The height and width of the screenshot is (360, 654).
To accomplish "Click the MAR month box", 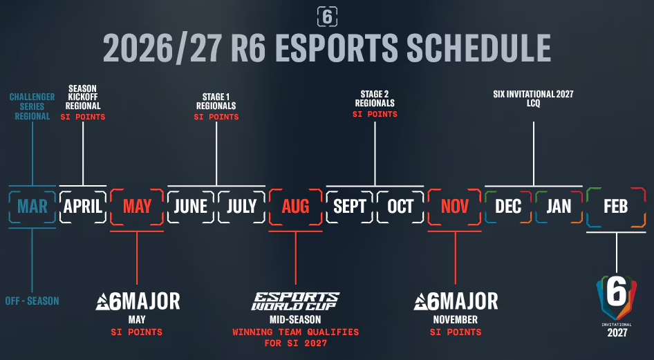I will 32,206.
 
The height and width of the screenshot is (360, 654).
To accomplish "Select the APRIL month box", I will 83,206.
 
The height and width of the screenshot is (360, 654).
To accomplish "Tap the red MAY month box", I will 137,206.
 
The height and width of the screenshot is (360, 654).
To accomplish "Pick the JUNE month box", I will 191,206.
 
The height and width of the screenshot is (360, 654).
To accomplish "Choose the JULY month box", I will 241,206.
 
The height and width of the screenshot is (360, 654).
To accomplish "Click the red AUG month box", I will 295,206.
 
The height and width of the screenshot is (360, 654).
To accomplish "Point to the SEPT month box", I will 350,206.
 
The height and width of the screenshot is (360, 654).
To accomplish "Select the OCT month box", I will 400,206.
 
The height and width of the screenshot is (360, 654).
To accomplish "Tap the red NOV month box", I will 454,206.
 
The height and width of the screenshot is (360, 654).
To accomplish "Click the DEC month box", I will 508,206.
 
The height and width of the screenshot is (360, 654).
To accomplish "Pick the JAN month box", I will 559,206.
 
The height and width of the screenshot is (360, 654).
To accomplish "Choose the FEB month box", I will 615,206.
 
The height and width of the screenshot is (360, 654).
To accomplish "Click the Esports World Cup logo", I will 295,301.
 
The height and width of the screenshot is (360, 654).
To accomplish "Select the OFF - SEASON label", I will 33,301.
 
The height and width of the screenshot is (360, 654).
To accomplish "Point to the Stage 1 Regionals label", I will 216,101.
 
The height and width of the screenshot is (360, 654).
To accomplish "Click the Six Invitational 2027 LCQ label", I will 534,99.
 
